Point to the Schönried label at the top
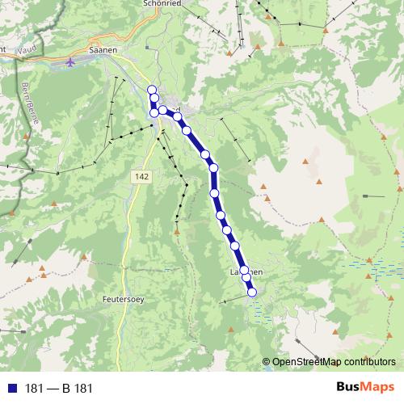[165, 3]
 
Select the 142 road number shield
[142, 175]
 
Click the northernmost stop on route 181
[152, 89]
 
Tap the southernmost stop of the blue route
[251, 292]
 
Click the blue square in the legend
[11, 388]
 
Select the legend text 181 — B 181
[59, 388]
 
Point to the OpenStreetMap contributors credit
[333, 361]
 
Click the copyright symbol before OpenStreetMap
[267, 361]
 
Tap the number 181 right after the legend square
[34, 388]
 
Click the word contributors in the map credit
[371, 361]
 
